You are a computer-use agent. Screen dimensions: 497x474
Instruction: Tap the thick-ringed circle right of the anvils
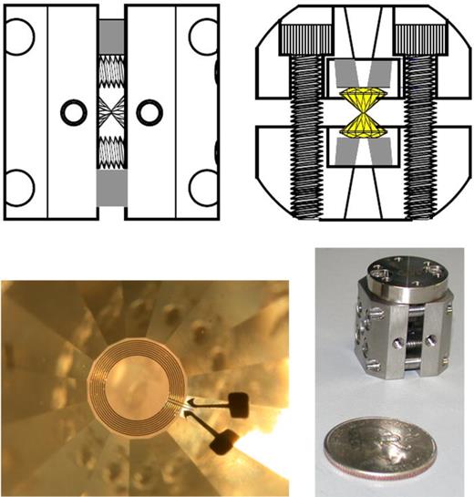(x=147, y=112)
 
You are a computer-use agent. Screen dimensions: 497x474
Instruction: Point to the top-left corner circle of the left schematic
(x=19, y=35)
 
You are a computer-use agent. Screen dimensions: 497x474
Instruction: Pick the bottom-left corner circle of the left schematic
(x=19, y=189)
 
